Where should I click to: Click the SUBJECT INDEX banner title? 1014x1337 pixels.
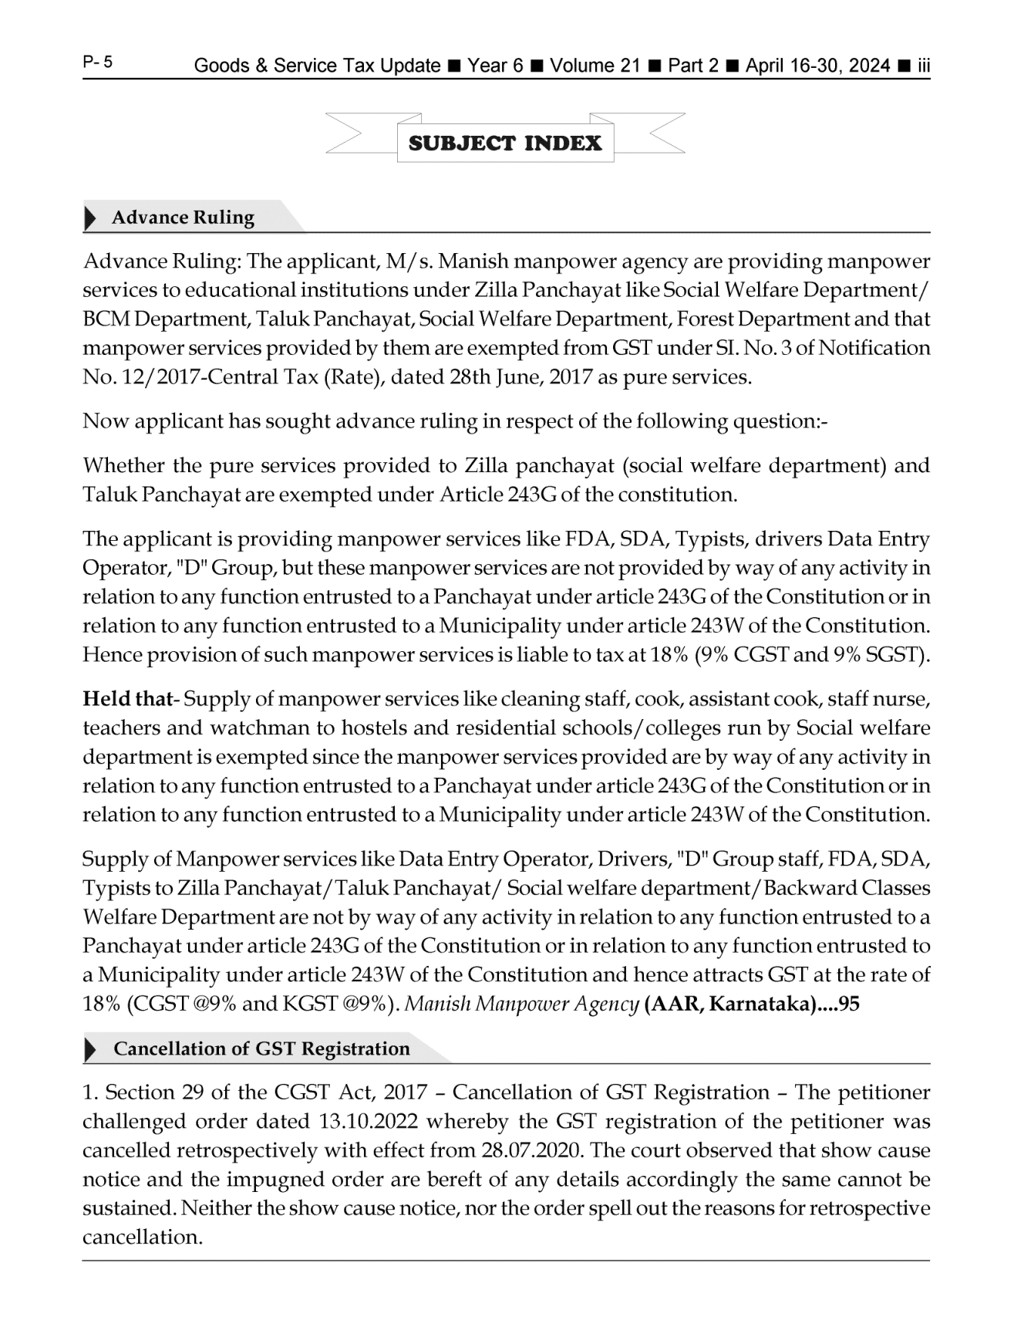pyautogui.click(x=505, y=143)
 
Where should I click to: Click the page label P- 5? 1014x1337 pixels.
pyautogui.click(x=97, y=62)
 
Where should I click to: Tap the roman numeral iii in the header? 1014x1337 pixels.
pyautogui.click(x=923, y=66)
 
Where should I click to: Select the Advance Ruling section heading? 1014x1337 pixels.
pyautogui.click(x=183, y=218)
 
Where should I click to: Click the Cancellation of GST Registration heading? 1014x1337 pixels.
pyautogui.click(x=261, y=1049)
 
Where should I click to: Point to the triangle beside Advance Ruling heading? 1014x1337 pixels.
pyautogui.click(x=91, y=218)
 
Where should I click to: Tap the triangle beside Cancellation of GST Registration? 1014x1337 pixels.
pyautogui.click(x=91, y=1050)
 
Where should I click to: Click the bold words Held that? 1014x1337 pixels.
pyautogui.click(x=127, y=700)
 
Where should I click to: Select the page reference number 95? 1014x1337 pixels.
pyautogui.click(x=849, y=1004)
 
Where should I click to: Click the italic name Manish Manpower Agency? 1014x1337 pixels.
pyautogui.click(x=522, y=1004)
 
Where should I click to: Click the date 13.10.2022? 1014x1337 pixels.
pyautogui.click(x=362, y=1122)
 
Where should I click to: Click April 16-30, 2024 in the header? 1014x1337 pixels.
pyautogui.click(x=817, y=66)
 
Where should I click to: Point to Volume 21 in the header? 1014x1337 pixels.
pyautogui.click(x=595, y=66)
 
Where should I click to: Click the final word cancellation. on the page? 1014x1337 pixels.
pyautogui.click(x=143, y=1237)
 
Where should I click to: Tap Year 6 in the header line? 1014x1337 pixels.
pyautogui.click(x=495, y=66)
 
